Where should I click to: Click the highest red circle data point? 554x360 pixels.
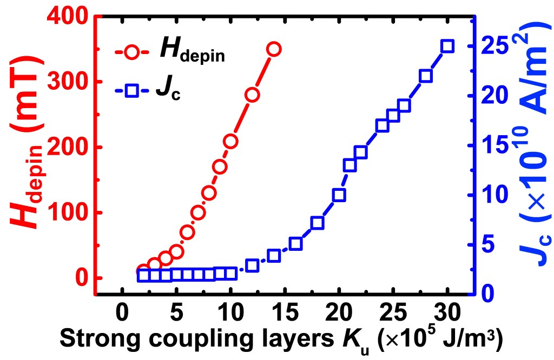click(x=274, y=49)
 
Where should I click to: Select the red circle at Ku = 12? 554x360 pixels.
click(x=252, y=95)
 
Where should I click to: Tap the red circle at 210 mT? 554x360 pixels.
click(x=230, y=142)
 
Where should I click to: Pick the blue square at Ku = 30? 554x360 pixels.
click(x=447, y=46)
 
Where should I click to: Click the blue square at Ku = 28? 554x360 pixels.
click(x=426, y=76)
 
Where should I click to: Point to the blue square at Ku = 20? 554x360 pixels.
click(x=339, y=195)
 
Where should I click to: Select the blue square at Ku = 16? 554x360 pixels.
click(x=295, y=244)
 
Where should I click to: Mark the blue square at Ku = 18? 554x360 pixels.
click(x=317, y=223)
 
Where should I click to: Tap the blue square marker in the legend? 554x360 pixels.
click(x=131, y=91)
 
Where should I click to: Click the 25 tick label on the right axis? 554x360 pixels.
click(x=496, y=46)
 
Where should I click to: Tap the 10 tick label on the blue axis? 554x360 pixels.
click(x=496, y=195)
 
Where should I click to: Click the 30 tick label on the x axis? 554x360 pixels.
click(x=447, y=314)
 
